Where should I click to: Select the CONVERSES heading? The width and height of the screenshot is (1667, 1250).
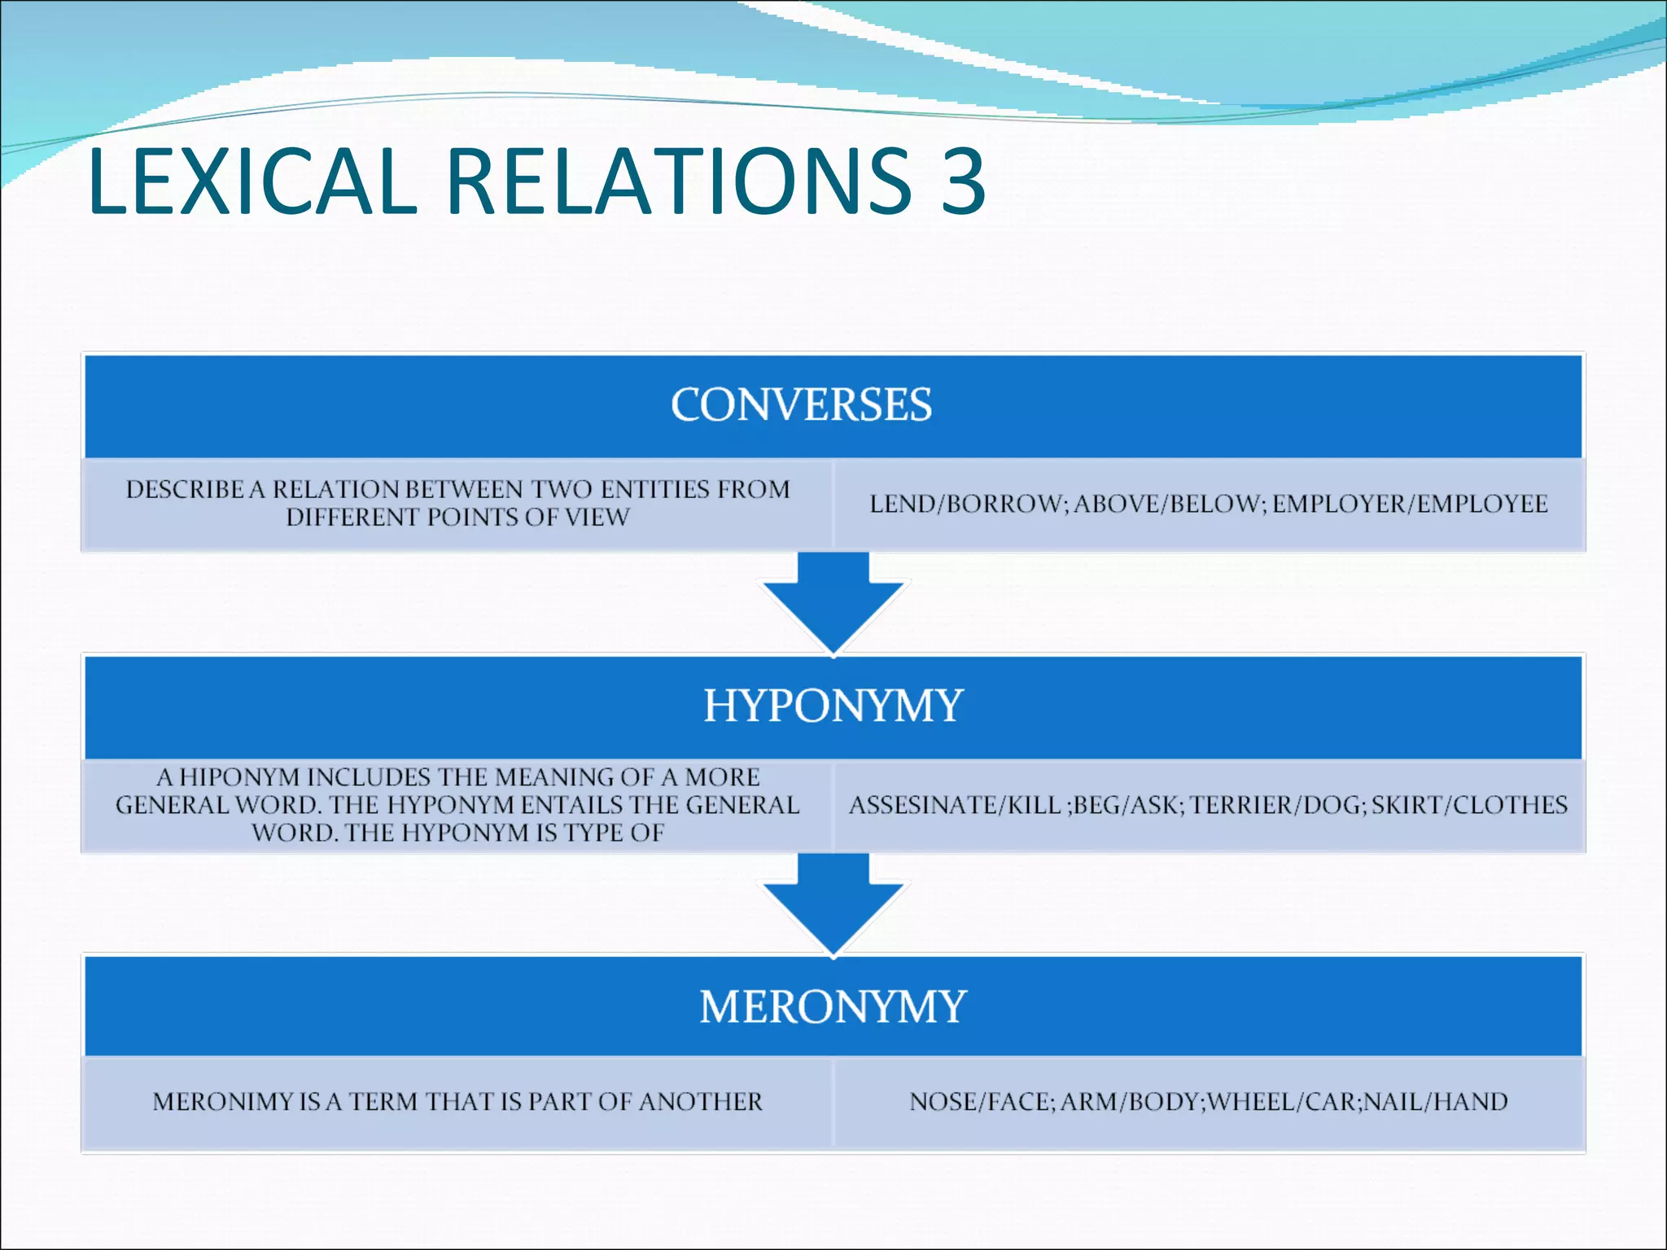click(x=801, y=404)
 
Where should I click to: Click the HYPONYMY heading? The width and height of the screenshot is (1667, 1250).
click(x=833, y=705)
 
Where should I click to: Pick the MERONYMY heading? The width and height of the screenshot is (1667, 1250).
click(x=833, y=1007)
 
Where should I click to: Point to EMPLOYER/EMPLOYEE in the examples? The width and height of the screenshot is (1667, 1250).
click(x=1410, y=504)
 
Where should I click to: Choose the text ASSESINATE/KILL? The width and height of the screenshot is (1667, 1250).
click(x=954, y=805)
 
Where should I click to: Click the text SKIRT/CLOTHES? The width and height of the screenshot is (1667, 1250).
click(x=1469, y=805)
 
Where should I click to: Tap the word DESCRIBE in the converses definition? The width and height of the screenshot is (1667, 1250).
click(x=184, y=489)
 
